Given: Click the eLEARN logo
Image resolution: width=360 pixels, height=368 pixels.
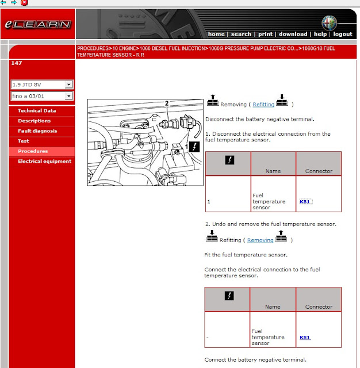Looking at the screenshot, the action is coord(38,24).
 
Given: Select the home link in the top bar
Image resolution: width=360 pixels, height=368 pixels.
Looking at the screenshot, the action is coord(216,34).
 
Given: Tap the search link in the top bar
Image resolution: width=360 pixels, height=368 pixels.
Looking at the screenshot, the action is coord(241,34).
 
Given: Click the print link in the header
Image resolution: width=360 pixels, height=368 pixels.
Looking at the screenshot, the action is coord(265,34).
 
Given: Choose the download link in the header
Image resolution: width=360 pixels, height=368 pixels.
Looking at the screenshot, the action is coord(293,34).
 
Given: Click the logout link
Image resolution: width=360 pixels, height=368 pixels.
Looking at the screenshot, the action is coord(343,34).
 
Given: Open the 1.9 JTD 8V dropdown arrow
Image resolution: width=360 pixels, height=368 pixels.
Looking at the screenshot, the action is coord(68,85).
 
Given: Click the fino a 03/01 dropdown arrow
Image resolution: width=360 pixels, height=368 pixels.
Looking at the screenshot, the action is coord(68,96).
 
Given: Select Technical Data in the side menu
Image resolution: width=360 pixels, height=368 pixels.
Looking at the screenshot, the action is coord(37,110).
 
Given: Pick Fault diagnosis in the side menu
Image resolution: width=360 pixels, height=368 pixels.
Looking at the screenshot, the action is coord(37,131).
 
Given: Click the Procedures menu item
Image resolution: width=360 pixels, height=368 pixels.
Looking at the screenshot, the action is coord(33,151).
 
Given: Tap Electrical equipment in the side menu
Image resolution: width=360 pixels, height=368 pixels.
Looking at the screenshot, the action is coord(45,161).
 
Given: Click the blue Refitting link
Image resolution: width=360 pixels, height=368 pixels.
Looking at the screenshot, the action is coord(263,105).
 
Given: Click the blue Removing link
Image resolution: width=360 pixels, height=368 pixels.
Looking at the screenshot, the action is coord(261,240).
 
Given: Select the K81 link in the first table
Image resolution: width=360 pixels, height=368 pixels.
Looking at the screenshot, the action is coord(305,202).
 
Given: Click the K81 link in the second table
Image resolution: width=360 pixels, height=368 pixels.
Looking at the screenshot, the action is coord(305,338).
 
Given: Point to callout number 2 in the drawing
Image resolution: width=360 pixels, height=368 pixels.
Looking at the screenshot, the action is coord(167,103).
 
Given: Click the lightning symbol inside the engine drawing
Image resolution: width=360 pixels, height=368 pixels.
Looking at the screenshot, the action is coord(194,147).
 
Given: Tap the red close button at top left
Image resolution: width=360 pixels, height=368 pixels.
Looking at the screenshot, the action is coord(24,2).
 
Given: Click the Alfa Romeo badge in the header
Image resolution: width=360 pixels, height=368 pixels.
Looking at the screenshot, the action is coord(329,23).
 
